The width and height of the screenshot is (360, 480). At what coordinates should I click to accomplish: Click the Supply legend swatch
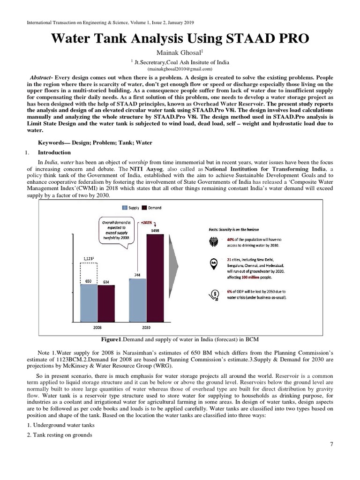125,207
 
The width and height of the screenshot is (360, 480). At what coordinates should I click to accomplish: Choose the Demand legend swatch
144,207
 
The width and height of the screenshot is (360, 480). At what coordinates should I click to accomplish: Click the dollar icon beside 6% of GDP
214,294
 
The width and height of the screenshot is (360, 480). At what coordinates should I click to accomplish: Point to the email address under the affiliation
180,68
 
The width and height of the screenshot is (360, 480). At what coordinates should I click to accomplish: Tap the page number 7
331,445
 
